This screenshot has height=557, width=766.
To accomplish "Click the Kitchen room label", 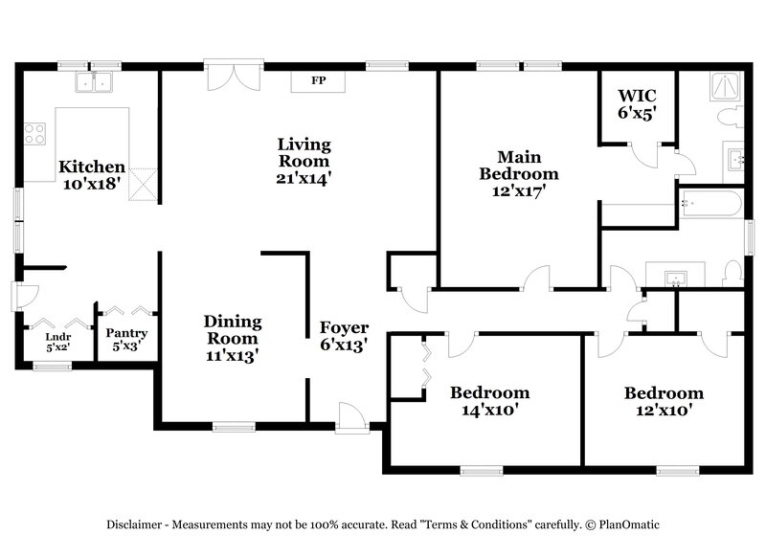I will (92, 175).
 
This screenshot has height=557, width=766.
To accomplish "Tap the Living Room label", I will (304, 161).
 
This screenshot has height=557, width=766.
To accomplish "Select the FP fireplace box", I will (318, 81).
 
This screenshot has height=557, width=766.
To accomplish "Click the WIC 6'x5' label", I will (636, 103).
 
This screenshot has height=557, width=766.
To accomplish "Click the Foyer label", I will (344, 337).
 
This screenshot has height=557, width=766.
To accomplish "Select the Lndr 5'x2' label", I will (58, 342).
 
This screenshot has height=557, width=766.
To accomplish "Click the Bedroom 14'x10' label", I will (489, 401).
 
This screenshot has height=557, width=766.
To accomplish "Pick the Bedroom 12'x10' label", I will (664, 401).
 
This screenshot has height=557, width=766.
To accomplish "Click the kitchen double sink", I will (96, 84).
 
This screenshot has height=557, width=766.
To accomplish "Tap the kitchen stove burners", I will (34, 134).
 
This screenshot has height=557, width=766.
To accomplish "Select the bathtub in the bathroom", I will (709, 204).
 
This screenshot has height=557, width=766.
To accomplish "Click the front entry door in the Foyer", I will (352, 417).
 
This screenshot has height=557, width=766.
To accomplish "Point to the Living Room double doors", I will (233, 78).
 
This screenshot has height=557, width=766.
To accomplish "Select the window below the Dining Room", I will (232, 427).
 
